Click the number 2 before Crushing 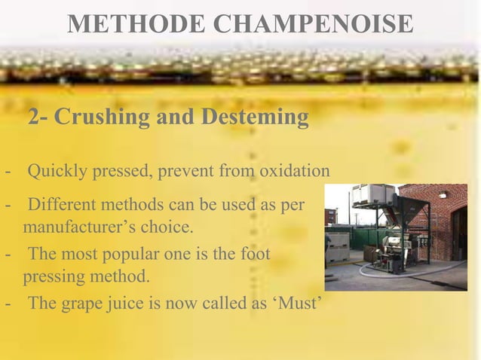pyautogui.click(x=34, y=118)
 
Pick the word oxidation pyautogui.click(x=294, y=174)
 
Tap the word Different pyautogui.click(x=65, y=205)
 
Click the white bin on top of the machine pyautogui.click(x=369, y=197)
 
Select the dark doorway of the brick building pyautogui.click(x=458, y=233)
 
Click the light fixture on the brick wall pyautogui.click(x=442, y=194)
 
